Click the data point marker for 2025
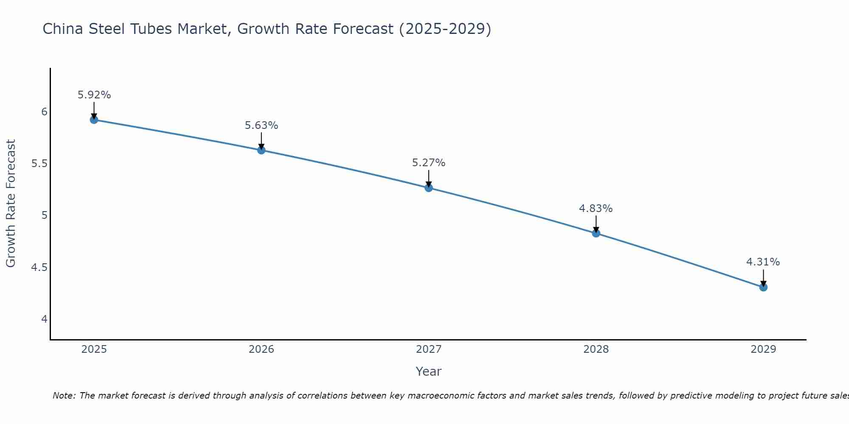(94, 120)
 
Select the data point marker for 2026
(261, 150)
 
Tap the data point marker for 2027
(428, 188)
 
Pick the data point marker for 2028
(596, 233)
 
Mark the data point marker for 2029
(763, 287)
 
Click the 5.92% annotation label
(94, 95)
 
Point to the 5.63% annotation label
(261, 126)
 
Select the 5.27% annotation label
(428, 163)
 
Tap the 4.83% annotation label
(596, 209)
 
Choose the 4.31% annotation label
(763, 262)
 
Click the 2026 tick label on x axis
(261, 349)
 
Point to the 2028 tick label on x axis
(596, 349)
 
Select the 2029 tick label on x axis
(763, 349)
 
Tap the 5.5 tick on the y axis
(39, 164)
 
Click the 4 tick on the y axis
(44, 319)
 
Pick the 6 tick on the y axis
(44, 112)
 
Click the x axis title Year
(428, 371)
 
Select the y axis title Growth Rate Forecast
(11, 204)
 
